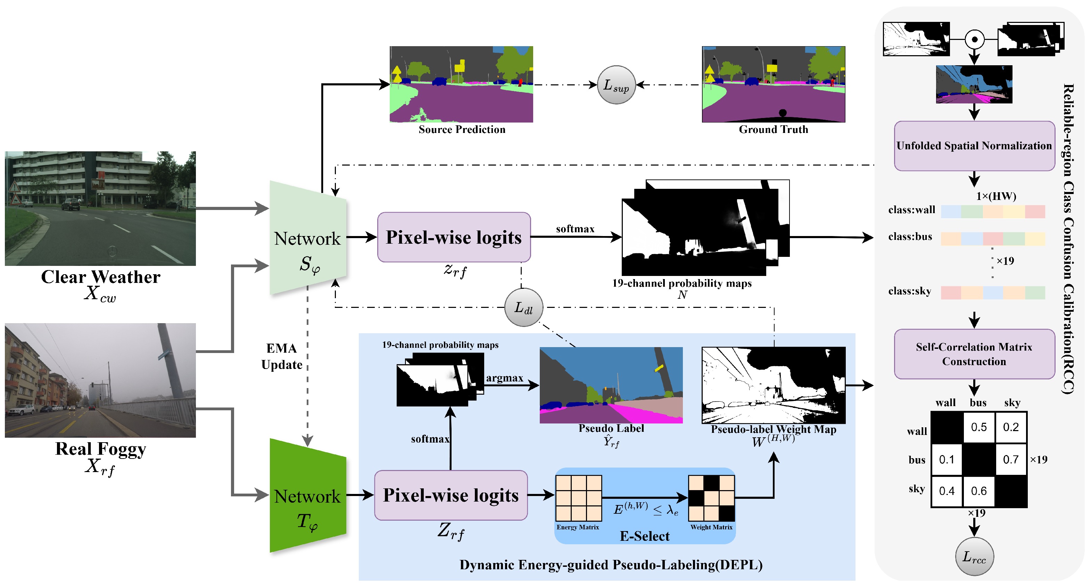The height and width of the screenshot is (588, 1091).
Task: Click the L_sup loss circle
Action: click(616, 85)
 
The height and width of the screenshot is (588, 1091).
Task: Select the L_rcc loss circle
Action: click(975, 556)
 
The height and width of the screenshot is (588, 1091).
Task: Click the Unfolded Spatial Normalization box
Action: click(974, 146)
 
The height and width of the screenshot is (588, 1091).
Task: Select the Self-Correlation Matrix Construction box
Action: click(974, 354)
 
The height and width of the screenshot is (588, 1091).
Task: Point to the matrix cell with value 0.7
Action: click(1010, 459)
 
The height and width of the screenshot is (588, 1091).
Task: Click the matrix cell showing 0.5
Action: click(979, 427)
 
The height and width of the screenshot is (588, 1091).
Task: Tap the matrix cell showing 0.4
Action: click(947, 491)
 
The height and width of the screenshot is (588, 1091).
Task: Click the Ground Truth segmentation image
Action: click(774, 84)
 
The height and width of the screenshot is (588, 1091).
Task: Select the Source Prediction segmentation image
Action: click(461, 84)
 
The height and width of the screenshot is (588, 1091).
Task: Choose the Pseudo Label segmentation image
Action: click(611, 385)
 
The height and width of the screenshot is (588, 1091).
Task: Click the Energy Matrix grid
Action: click(579, 498)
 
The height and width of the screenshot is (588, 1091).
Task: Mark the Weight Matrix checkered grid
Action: click(711, 498)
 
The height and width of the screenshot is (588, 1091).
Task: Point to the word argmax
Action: click(504, 378)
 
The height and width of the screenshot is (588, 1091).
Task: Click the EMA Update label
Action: click(282, 356)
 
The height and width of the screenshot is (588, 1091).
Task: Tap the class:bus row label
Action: click(910, 237)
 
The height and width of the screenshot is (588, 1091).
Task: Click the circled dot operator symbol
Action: click(975, 39)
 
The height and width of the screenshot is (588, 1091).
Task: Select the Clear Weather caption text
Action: click(100, 277)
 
